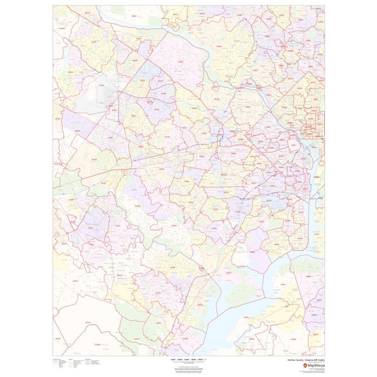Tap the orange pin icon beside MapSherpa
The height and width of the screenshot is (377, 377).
[x=305, y=366]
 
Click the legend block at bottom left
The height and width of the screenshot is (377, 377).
[x=75, y=363]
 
